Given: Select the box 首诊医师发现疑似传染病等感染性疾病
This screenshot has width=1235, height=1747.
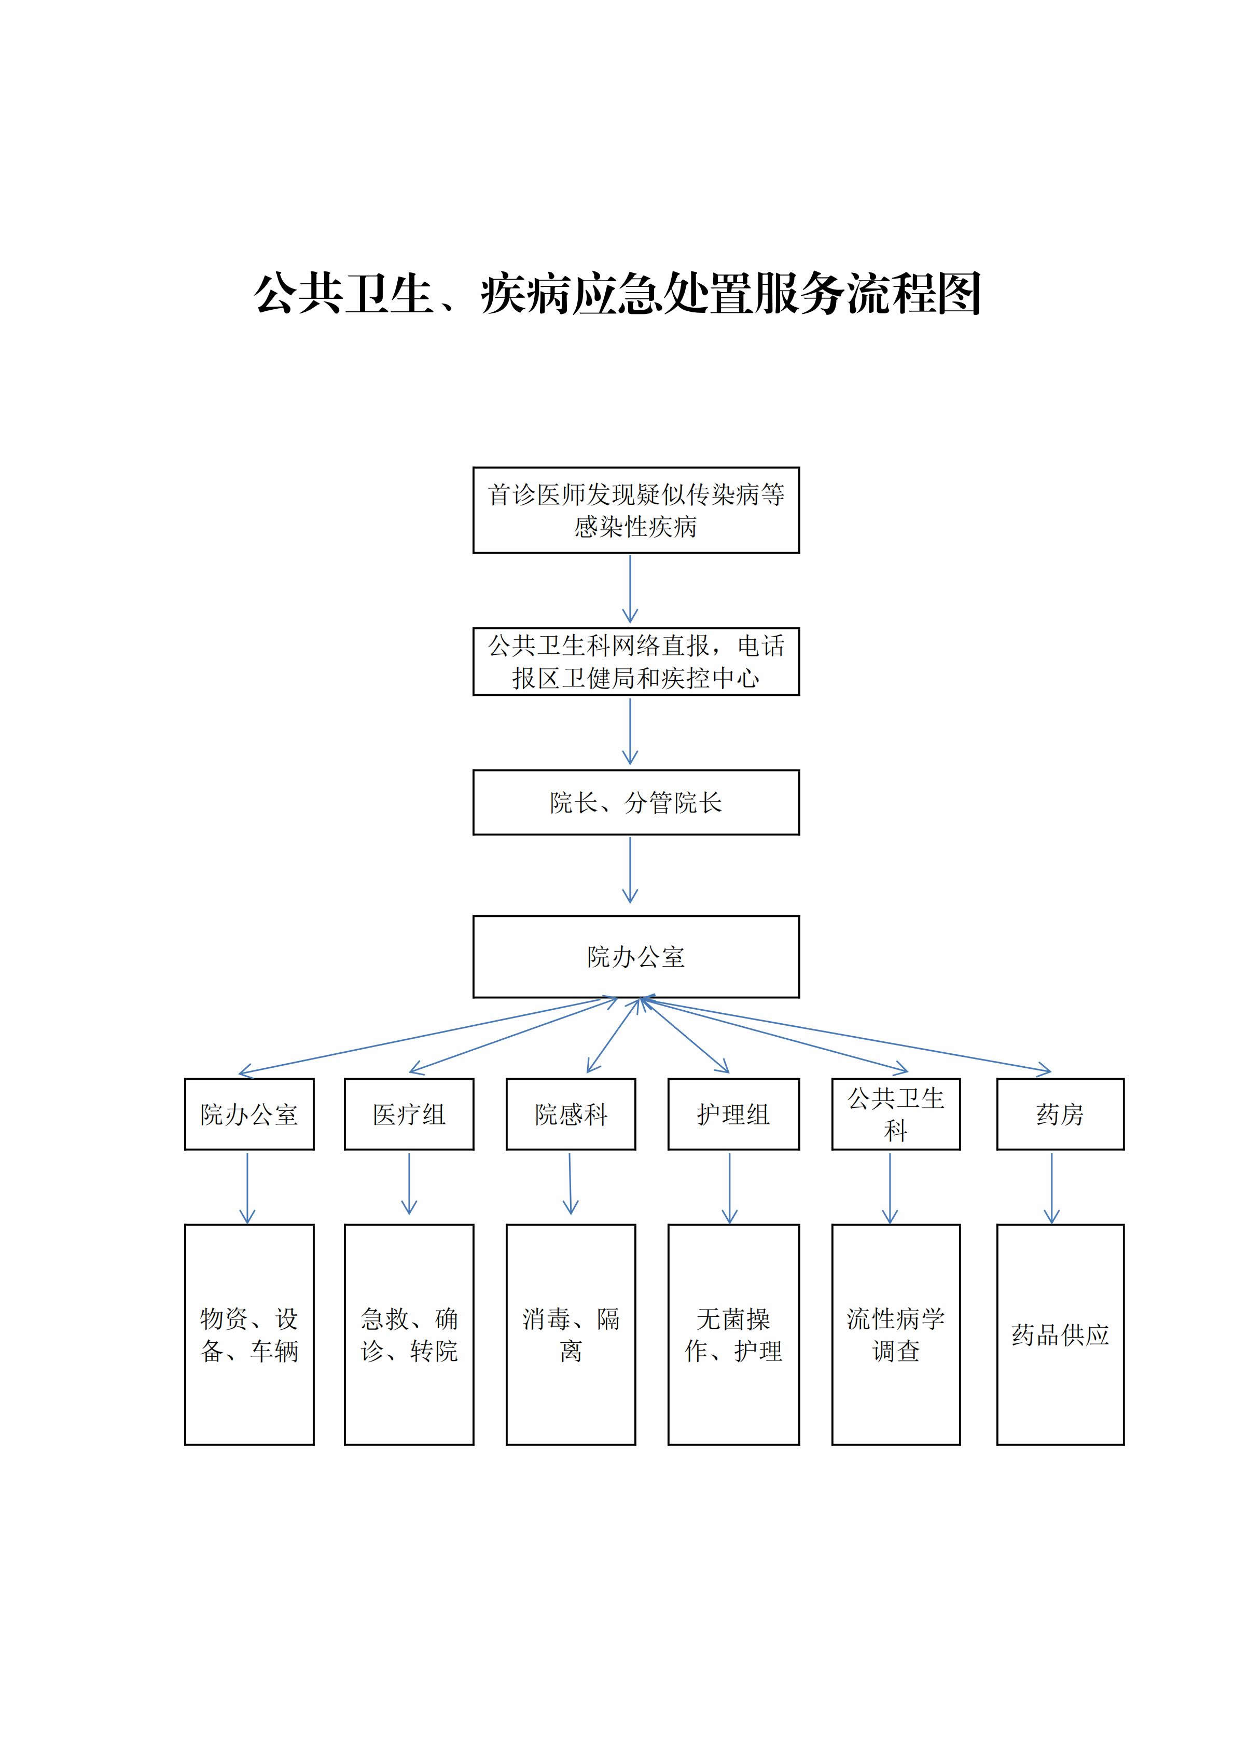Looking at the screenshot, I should pos(636,510).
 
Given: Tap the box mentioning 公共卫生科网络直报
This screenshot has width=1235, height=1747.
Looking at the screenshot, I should pos(636,661).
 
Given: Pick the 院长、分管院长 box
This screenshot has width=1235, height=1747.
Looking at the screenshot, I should pos(636,802).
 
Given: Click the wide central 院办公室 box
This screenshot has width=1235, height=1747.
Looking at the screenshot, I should pos(636,956).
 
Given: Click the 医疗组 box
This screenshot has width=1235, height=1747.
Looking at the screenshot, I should pos(409,1114).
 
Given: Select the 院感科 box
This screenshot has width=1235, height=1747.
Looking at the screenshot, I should pos(571,1114).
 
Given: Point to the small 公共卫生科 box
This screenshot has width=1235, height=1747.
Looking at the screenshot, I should pos(896,1114).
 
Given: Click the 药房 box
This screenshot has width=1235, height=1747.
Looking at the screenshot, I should pos(1060,1114).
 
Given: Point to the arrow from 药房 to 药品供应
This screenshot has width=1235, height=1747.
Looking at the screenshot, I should pos(1052,1187).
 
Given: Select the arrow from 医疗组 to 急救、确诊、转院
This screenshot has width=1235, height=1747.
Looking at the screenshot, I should pos(409,1183).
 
